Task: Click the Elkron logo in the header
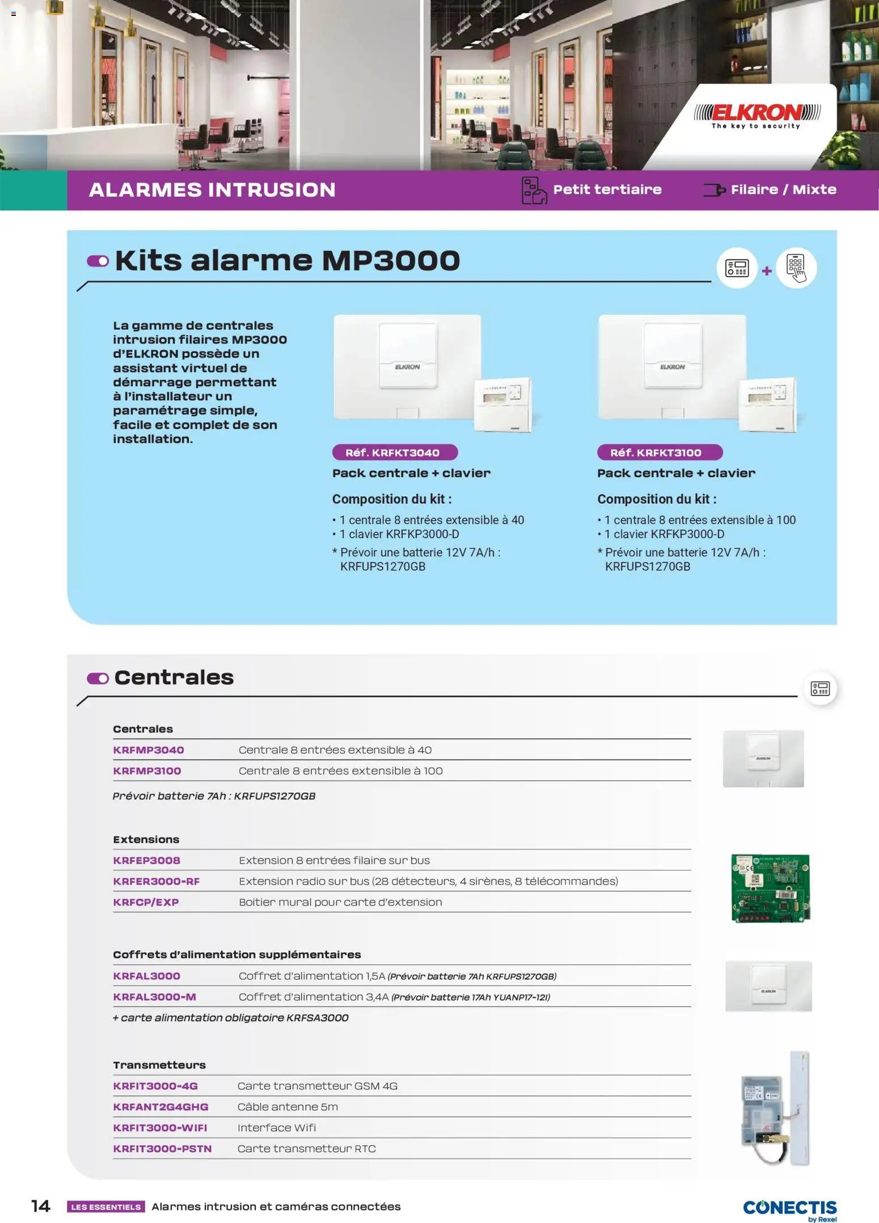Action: [x=757, y=115]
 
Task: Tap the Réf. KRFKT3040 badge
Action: [x=395, y=452]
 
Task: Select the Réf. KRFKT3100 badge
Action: [x=660, y=452]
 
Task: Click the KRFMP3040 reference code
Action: [x=149, y=750]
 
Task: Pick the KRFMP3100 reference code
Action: [x=147, y=771]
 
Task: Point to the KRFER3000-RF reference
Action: [x=157, y=881]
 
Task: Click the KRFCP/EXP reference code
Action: [x=146, y=902]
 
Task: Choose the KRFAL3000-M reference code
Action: [x=154, y=997]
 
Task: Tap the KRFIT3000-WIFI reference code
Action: [x=160, y=1128]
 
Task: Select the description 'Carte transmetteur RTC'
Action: [x=306, y=1149]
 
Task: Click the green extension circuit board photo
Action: [x=770, y=888]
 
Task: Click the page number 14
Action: [x=40, y=1206]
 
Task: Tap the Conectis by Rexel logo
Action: [x=789, y=1209]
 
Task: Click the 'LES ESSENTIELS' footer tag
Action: [x=106, y=1207]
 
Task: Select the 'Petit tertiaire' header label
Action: [x=607, y=189]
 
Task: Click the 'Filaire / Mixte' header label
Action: [x=783, y=189]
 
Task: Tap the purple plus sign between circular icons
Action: [x=767, y=271]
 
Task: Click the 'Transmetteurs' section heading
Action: [x=159, y=1065]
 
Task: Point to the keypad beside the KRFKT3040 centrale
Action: [x=502, y=404]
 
